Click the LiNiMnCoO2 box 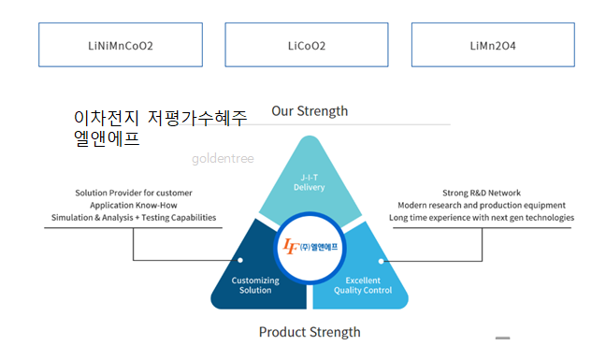pos(121,45)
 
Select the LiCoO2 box pos(307,45)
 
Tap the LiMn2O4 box pos(493,45)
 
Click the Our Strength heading pos(310,111)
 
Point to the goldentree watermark pos(223,158)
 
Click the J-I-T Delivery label pos(310,182)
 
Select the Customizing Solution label pos(255,285)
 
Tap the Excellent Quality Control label pos(363,285)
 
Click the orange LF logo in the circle pos(292,247)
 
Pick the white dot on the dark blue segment pos(240,260)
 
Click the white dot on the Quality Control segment pos(381,261)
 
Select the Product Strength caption pos(310,332)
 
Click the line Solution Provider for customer pos(134,193)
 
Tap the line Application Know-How pos(134,205)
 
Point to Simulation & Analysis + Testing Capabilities pos(134,218)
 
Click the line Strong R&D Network pos(482,193)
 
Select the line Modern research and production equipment pos(482,205)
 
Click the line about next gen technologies pos(482,218)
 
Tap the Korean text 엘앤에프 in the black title pos(107,138)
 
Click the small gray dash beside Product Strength pos(503,338)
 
